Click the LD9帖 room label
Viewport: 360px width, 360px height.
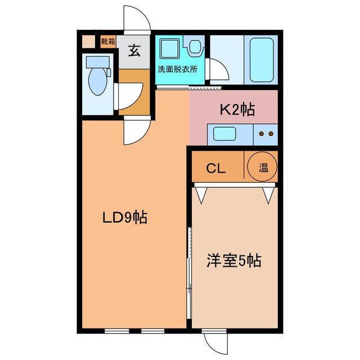click(x=124, y=218)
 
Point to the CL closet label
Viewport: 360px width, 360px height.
click(x=215, y=168)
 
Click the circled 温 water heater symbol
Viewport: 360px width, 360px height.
click(x=263, y=167)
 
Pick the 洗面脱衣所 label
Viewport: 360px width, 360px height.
click(x=178, y=70)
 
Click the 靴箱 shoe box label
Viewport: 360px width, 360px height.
click(x=108, y=41)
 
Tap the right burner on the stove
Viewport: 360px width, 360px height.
click(x=271, y=134)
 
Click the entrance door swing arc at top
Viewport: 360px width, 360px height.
click(x=137, y=19)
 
